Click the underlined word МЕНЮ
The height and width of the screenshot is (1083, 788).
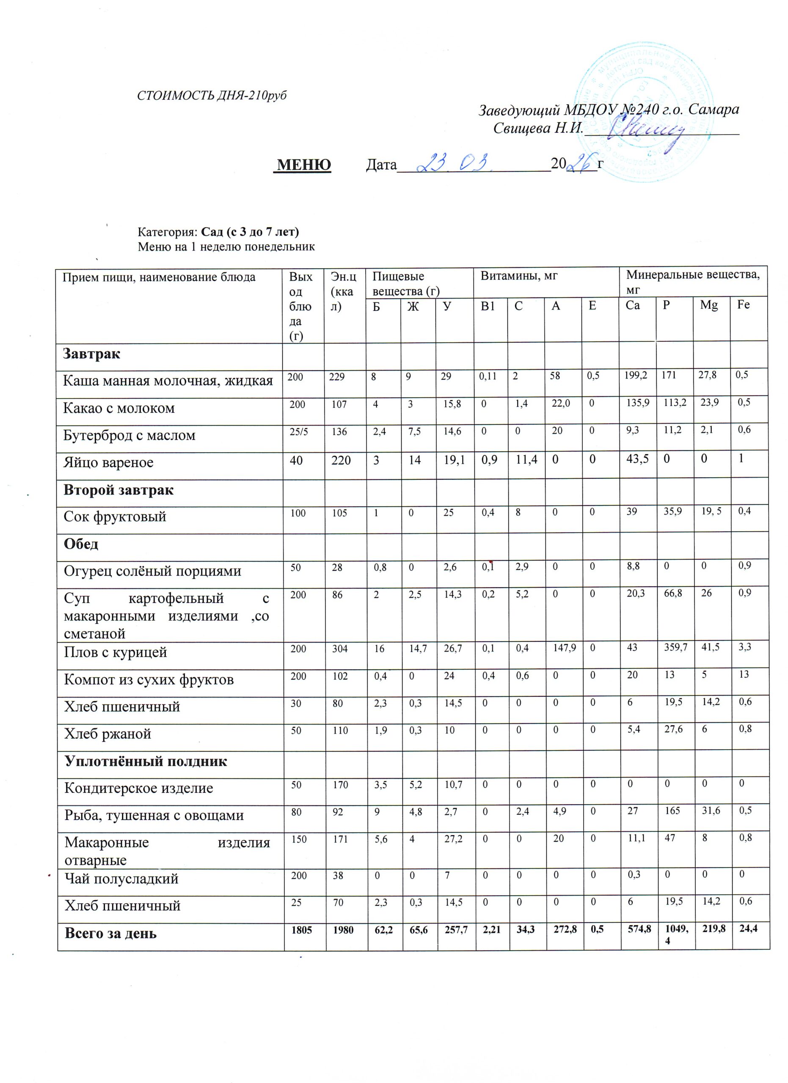pos(304,165)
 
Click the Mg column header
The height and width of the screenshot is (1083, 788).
pos(709,305)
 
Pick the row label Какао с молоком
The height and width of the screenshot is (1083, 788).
pos(119,409)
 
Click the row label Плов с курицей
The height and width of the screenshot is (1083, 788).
pos(116,652)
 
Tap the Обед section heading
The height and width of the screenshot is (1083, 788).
pos(81,544)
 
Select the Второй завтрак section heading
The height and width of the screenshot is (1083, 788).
pos(119,490)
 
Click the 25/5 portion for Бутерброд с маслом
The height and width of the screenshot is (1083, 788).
pos(296,430)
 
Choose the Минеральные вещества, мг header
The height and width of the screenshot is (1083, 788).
pos(693,281)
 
